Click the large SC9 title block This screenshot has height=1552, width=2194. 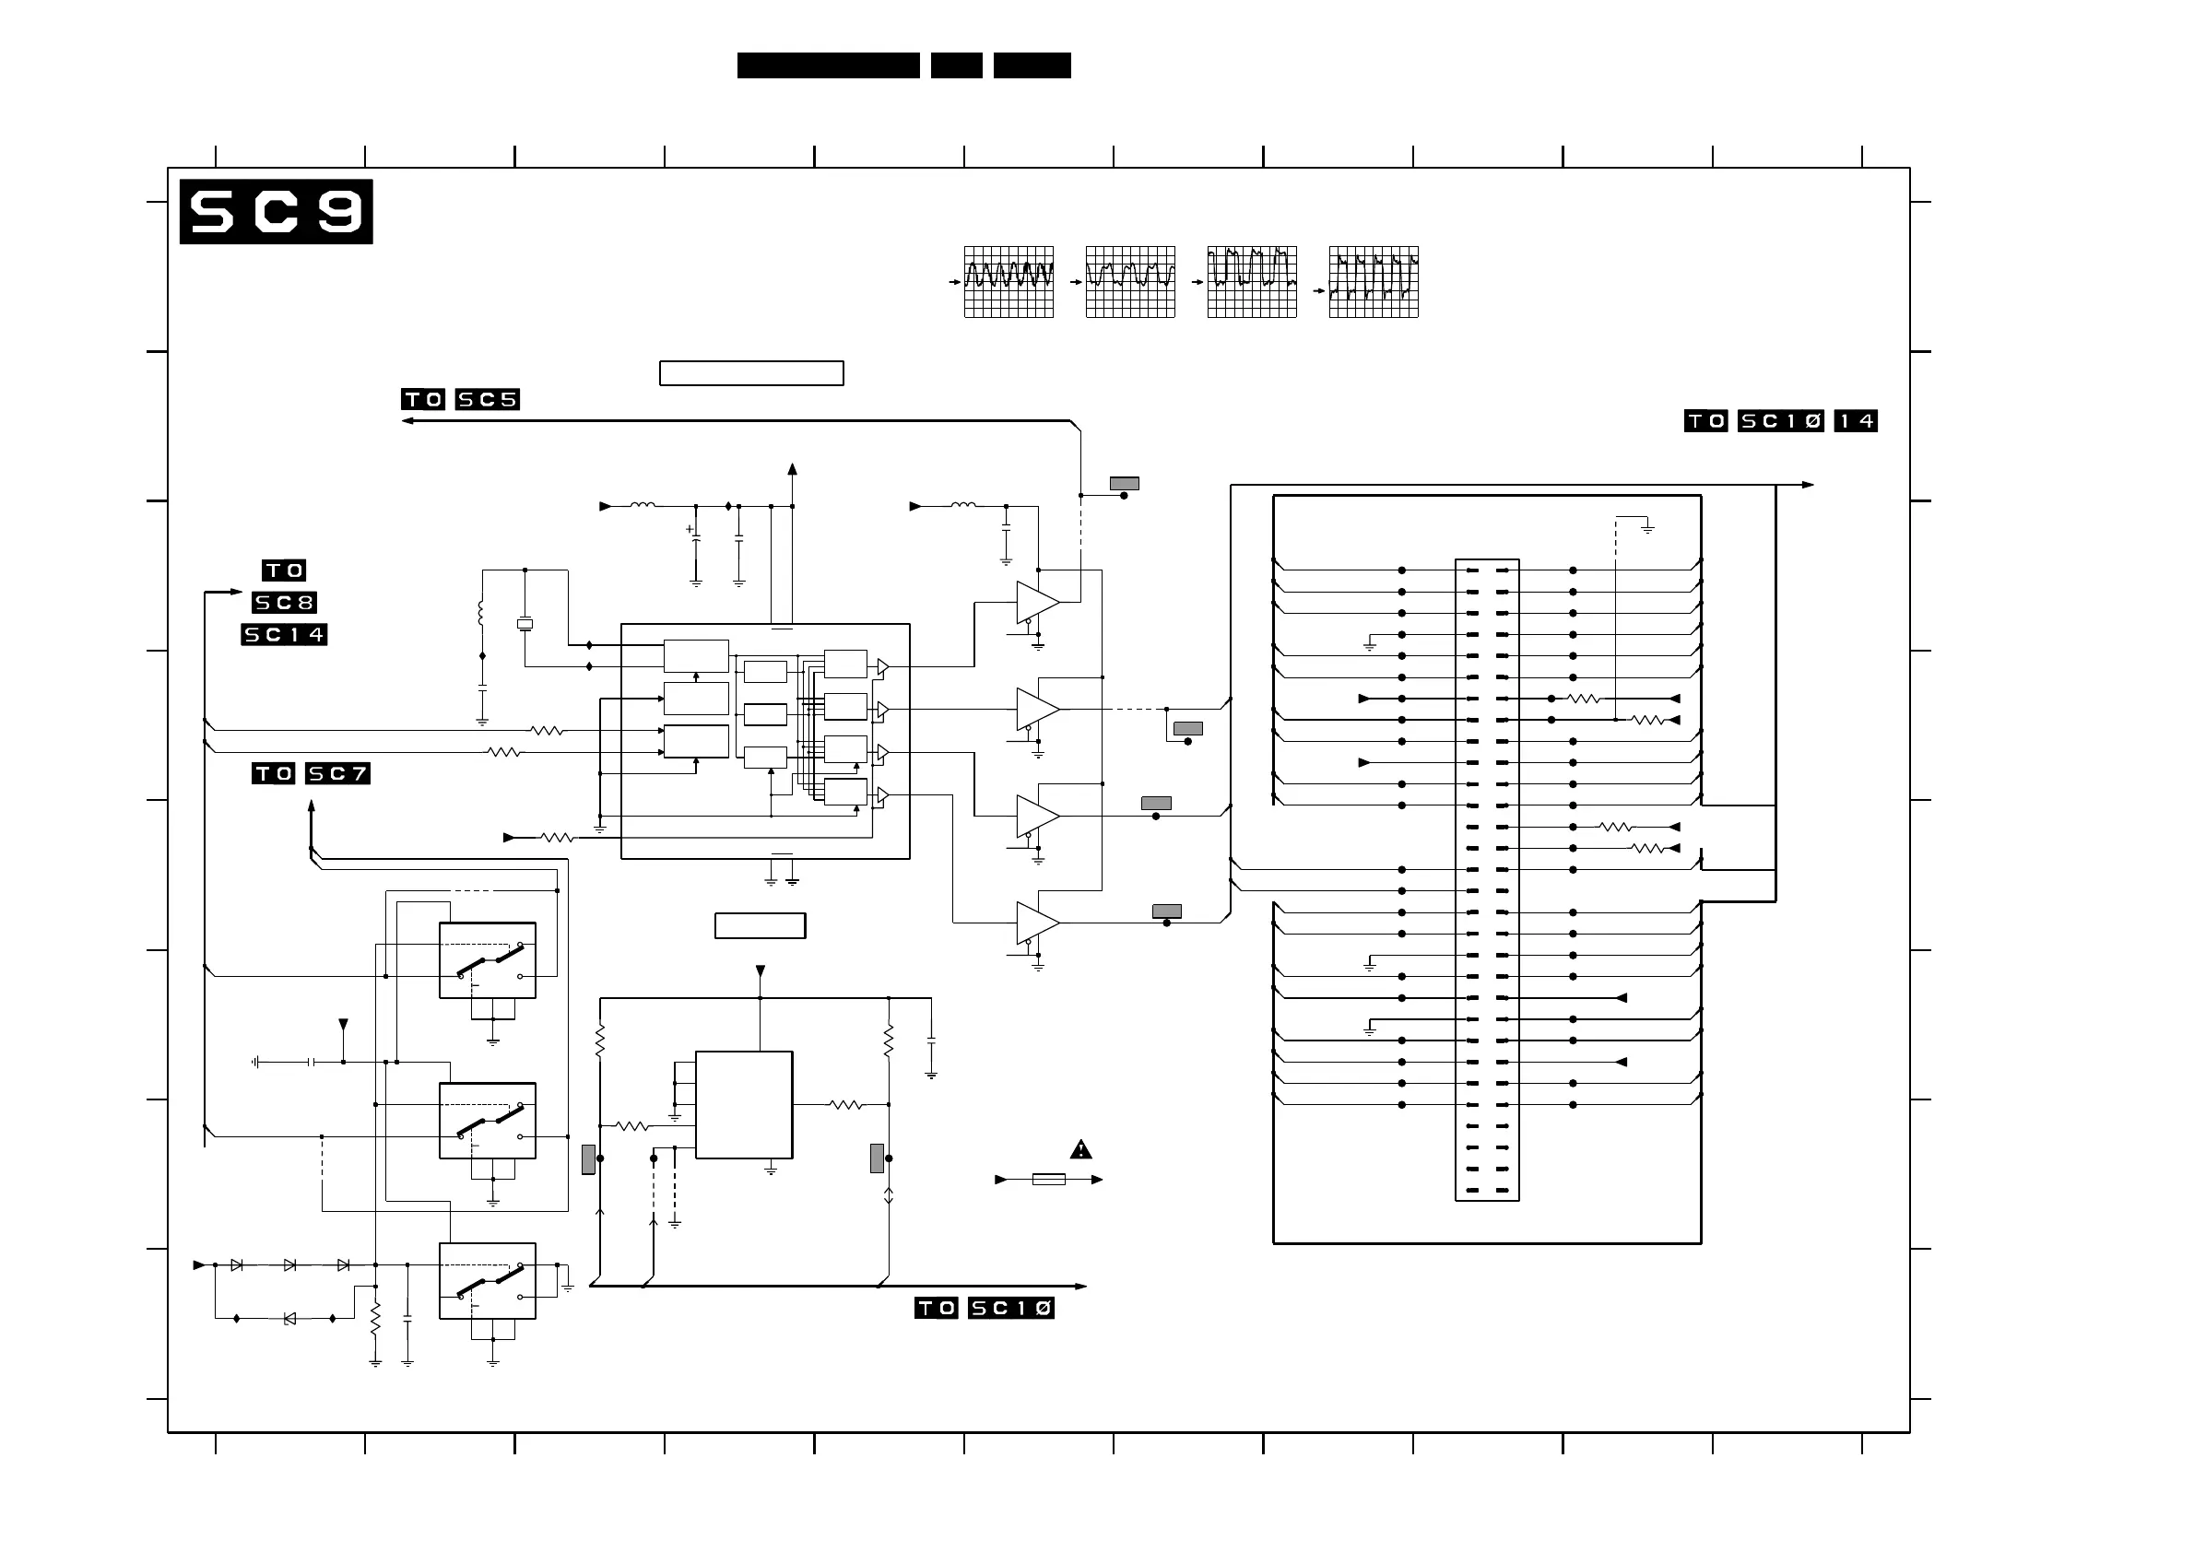[x=277, y=211]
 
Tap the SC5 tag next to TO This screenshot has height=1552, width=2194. [x=488, y=399]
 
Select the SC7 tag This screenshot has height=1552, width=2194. [x=337, y=773]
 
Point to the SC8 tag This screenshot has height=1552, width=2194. [x=284, y=602]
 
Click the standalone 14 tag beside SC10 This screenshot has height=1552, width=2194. [x=1856, y=420]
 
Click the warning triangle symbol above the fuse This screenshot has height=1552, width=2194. [x=1080, y=1149]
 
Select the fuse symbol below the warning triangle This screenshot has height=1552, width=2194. [x=1049, y=1180]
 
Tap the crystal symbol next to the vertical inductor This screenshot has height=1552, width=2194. [x=525, y=624]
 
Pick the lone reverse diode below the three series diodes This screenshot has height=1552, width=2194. [x=289, y=1319]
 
